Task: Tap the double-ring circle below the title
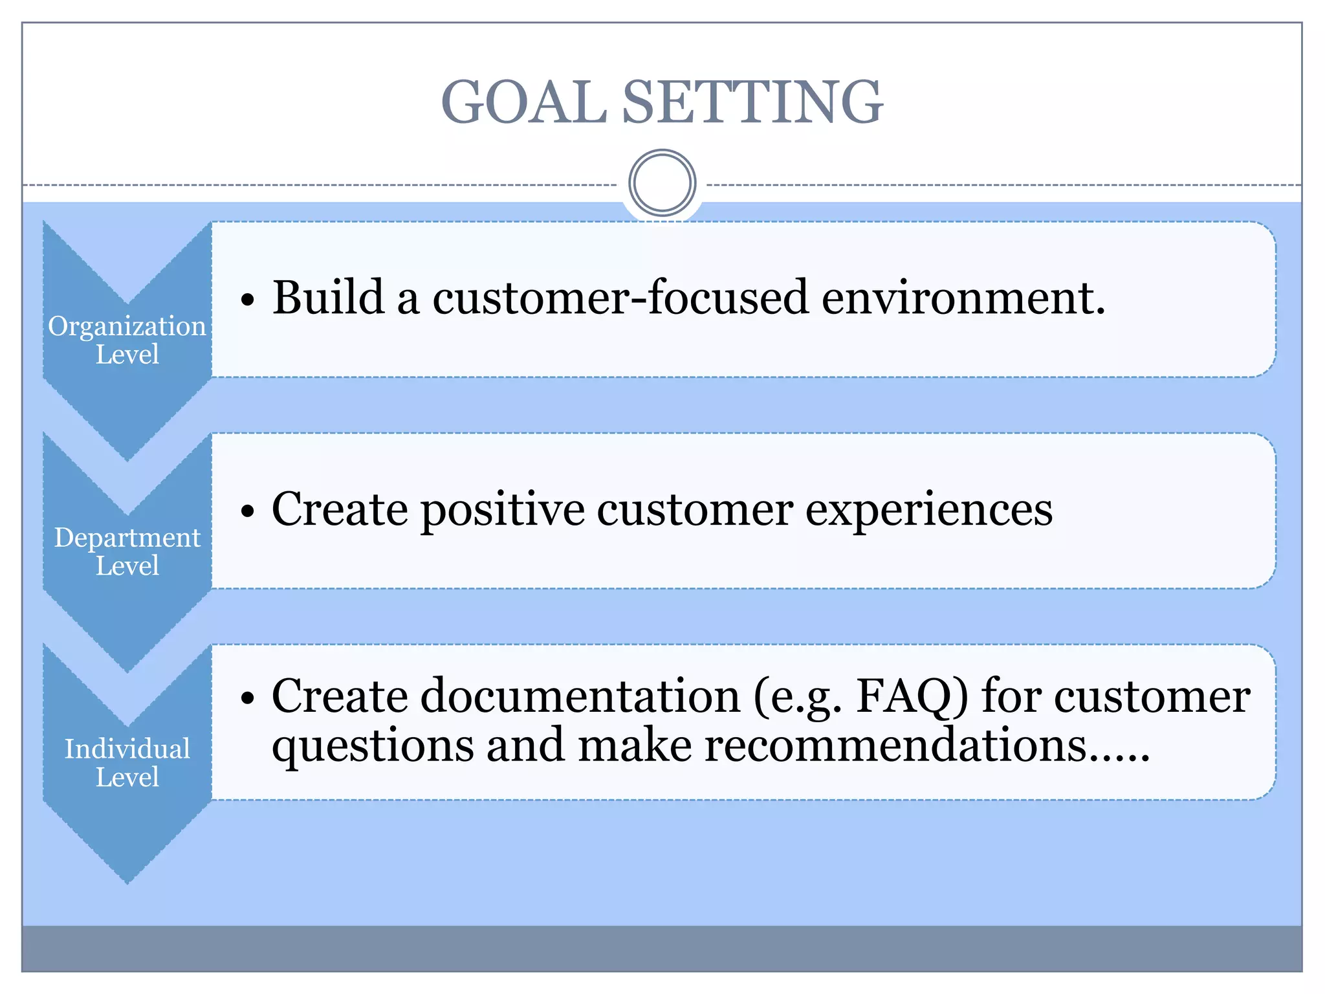pyautogui.click(x=662, y=183)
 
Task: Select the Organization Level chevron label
pyautogui.click(x=127, y=340)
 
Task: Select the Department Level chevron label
pyautogui.click(x=127, y=551)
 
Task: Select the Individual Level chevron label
pyautogui.click(x=127, y=763)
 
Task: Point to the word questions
pyautogui.click(x=373, y=746)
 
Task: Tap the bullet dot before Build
pyautogui.click(x=248, y=301)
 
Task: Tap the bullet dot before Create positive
pyautogui.click(x=248, y=513)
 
